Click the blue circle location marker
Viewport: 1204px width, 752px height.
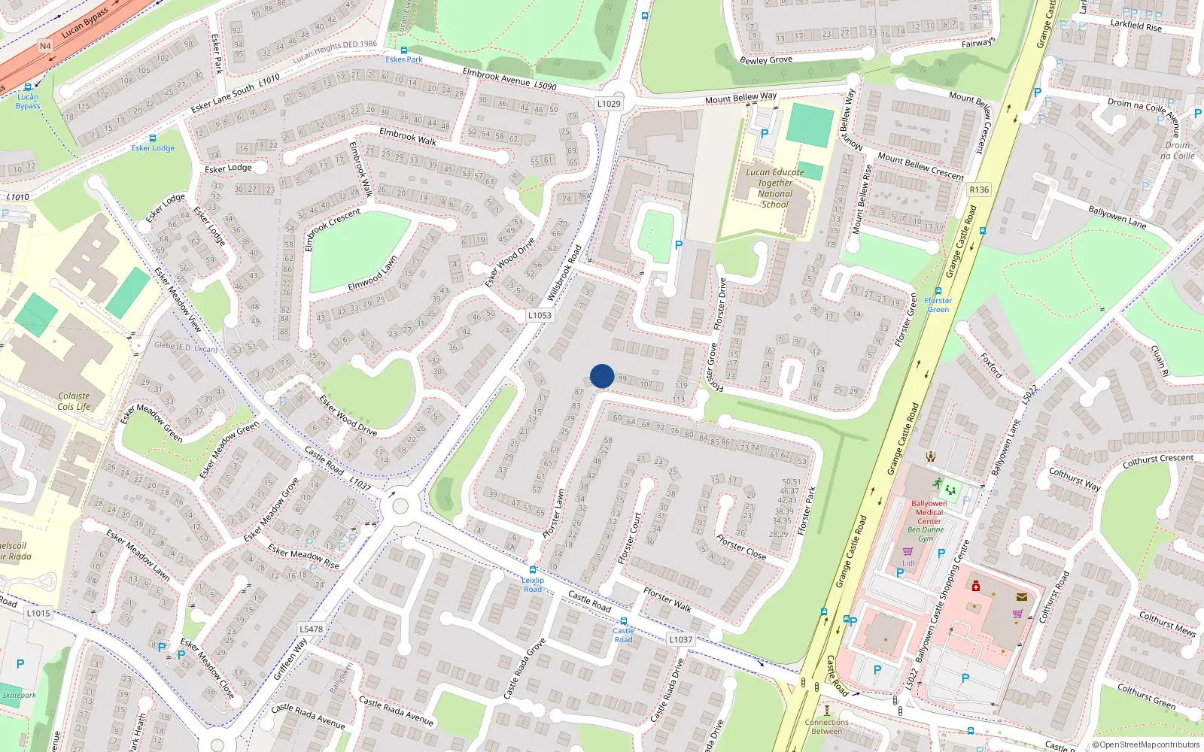pos(602,376)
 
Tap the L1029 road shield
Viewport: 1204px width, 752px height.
pos(609,104)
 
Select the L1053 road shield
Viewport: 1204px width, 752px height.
pos(540,316)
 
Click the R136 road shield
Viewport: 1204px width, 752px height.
pos(979,190)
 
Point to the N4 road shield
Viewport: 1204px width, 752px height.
pos(45,46)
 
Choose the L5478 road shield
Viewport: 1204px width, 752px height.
pos(311,629)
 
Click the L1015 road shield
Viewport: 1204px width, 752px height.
pos(38,614)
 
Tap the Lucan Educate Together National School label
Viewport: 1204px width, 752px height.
pos(775,188)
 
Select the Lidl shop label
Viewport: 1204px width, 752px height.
pos(908,563)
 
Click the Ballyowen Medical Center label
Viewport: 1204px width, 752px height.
pos(929,512)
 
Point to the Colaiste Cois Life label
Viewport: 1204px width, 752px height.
pos(74,402)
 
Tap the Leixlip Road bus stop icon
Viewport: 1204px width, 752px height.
pos(533,571)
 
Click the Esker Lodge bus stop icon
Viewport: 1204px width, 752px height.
pos(153,138)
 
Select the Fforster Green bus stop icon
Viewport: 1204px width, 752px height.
pos(938,291)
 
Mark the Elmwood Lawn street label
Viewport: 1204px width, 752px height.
pos(372,275)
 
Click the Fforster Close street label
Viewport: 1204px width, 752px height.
pos(741,547)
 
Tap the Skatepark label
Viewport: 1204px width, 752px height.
pos(19,695)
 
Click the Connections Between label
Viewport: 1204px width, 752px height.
pos(826,726)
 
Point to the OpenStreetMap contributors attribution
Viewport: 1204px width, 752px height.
pos(1146,744)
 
